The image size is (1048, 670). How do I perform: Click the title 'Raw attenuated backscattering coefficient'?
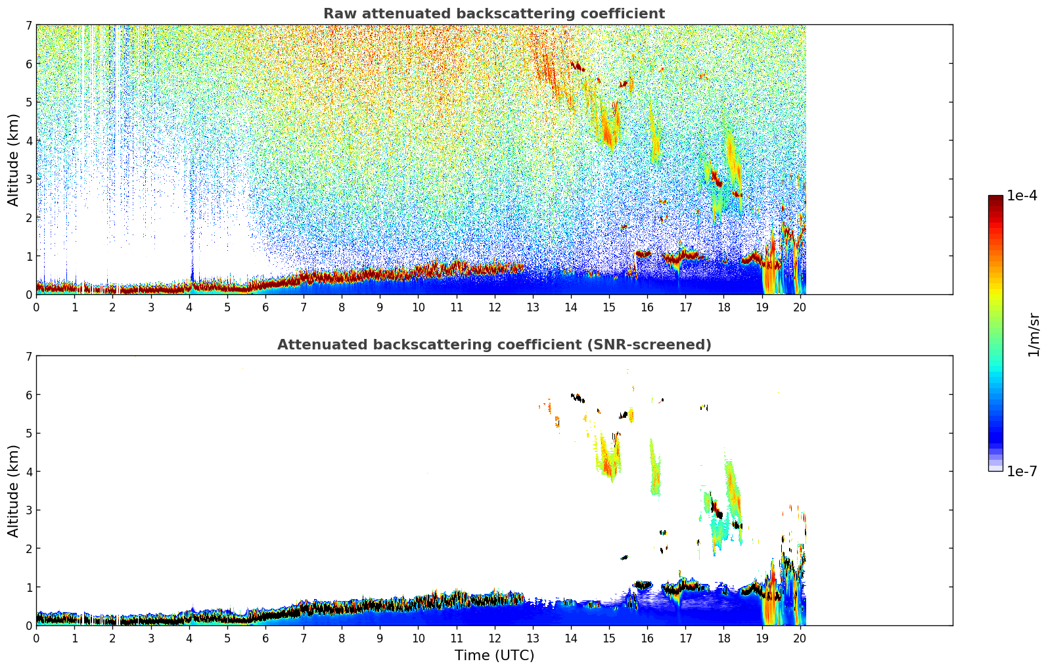point(493,14)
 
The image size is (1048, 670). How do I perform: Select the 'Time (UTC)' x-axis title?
point(494,655)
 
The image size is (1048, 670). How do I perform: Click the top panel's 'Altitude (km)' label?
point(13,160)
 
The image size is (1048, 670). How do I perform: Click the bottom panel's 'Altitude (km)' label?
point(13,491)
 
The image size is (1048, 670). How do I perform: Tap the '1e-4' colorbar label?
point(1022,196)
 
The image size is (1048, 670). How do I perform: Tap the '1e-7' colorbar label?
point(1022,471)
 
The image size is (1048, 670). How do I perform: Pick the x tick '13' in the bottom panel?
point(532,638)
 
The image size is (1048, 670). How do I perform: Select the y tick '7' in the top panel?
point(28,26)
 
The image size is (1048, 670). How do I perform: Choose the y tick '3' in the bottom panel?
point(28,510)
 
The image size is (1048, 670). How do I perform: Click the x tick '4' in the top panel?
point(189,307)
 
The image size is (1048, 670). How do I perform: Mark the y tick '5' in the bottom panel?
point(28,434)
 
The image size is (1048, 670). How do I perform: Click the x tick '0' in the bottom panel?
point(36,638)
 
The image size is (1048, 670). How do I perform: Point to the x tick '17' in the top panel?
point(685,307)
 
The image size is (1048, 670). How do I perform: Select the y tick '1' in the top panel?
point(28,256)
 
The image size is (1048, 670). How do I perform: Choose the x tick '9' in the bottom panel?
point(380,638)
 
